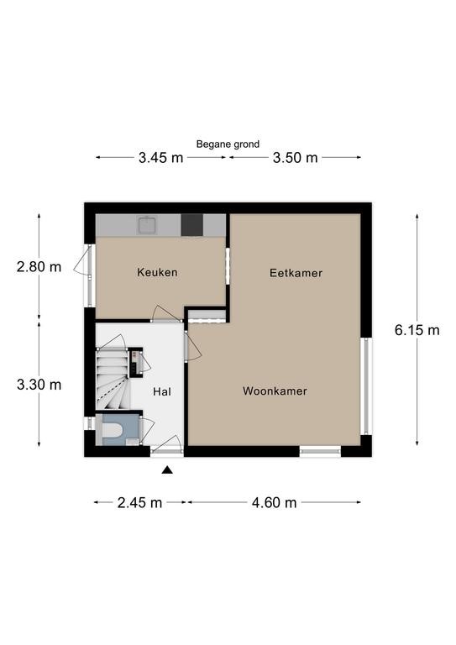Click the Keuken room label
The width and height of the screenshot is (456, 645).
pyautogui.click(x=157, y=272)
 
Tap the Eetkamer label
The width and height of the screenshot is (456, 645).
pyautogui.click(x=296, y=273)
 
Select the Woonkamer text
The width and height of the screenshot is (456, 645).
pyautogui.click(x=275, y=391)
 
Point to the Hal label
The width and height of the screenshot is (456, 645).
pyautogui.click(x=162, y=391)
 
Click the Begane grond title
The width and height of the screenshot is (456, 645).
pyautogui.click(x=228, y=144)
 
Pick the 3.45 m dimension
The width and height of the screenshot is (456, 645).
pyautogui.click(x=160, y=158)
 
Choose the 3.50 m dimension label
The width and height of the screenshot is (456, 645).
pyautogui.click(x=296, y=158)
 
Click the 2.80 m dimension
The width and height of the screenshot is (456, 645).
pyautogui.click(x=39, y=267)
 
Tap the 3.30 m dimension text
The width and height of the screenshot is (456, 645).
pyautogui.click(x=39, y=385)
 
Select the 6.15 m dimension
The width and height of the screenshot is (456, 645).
pyautogui.click(x=417, y=330)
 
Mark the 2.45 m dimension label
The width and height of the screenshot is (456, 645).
pyautogui.click(x=139, y=503)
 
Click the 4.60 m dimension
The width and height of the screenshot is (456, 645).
pyautogui.click(x=275, y=503)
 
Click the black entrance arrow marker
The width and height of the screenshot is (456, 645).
pyautogui.click(x=167, y=469)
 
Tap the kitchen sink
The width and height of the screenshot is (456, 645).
pyautogui.click(x=147, y=225)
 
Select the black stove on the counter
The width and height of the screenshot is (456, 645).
pyautogui.click(x=192, y=225)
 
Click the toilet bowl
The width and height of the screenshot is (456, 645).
pyautogui.click(x=113, y=430)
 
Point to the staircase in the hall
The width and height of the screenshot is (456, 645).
pyautogui.click(x=112, y=379)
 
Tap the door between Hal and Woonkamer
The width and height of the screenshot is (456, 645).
pyautogui.click(x=193, y=347)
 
